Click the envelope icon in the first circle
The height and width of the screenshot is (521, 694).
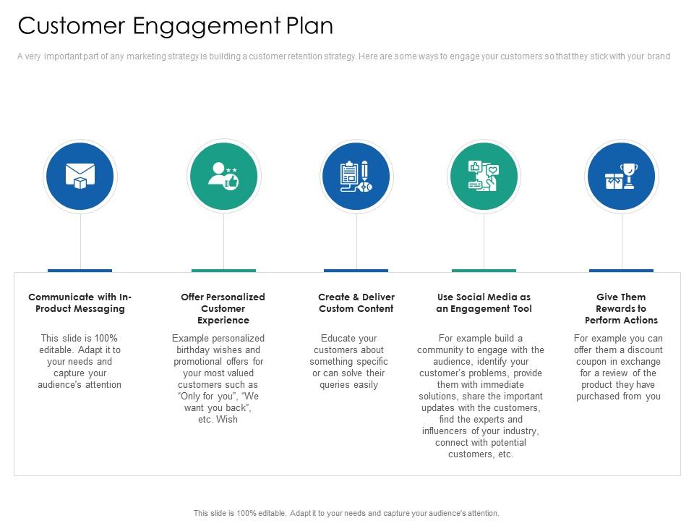tap(80, 176)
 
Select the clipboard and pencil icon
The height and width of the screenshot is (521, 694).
tap(356, 177)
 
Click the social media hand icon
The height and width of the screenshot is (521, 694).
tap(484, 176)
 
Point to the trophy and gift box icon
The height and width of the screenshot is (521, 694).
tap(622, 177)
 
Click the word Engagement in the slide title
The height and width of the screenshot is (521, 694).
tap(207, 27)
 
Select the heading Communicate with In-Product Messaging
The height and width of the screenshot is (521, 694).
tap(80, 302)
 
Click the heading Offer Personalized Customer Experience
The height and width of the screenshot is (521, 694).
tap(223, 308)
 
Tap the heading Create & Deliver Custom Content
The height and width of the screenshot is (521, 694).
tap(356, 302)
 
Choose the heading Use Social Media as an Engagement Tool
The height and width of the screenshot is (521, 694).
tap(484, 302)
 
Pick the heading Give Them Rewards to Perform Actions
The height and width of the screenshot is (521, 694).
tap(621, 308)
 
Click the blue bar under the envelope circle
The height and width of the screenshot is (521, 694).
tap(80, 270)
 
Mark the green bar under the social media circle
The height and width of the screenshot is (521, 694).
tap(484, 270)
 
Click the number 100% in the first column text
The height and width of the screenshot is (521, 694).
tap(106, 339)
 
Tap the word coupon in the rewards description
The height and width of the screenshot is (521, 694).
tap(590, 362)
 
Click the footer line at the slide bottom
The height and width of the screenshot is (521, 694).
tap(346, 513)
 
